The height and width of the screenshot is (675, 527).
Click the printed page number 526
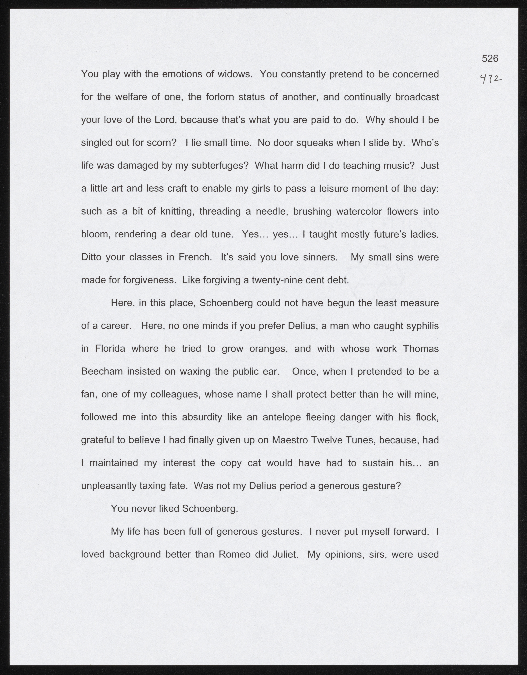click(490, 58)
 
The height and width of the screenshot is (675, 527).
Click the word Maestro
click(289, 440)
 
